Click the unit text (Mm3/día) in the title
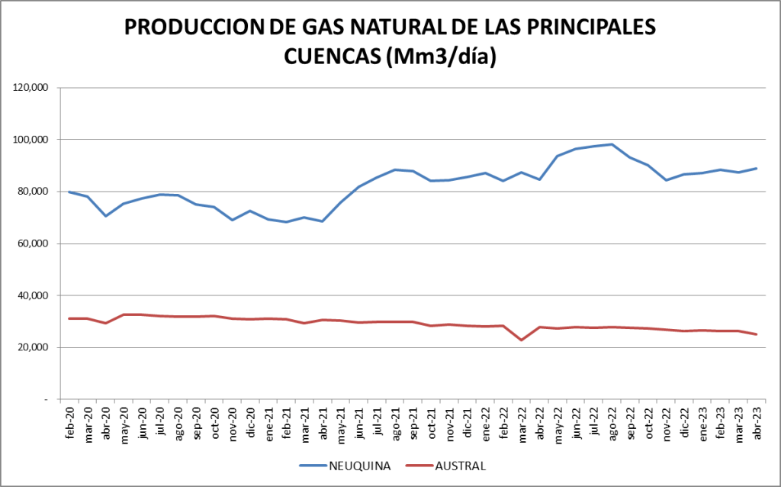442,56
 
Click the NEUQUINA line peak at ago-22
612,144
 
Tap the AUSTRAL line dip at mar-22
522,340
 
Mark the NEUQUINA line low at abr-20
106,216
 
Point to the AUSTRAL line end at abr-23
757,334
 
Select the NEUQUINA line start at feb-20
69,192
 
